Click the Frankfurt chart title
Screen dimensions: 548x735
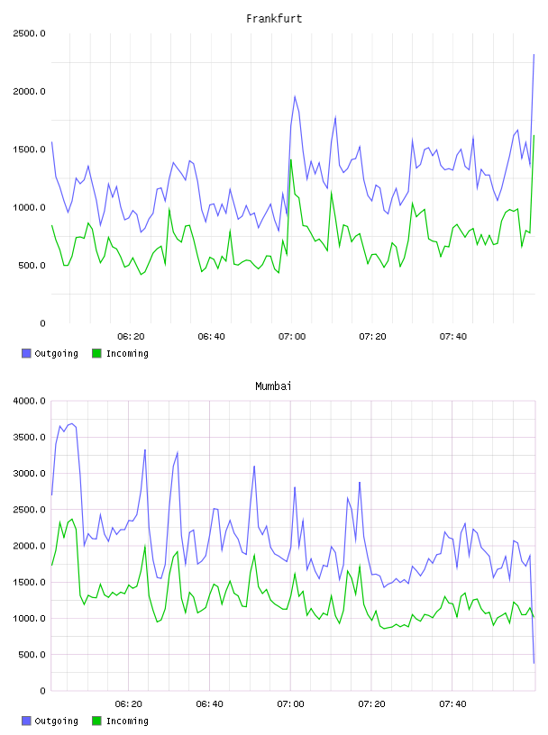[x=274, y=19]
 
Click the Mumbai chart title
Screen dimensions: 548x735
[x=273, y=386]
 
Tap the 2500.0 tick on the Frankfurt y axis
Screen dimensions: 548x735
[x=29, y=33]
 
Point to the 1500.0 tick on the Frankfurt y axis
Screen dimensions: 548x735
[x=29, y=150]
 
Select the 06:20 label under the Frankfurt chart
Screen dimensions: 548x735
[x=131, y=337]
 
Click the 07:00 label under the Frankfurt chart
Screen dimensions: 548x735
[x=292, y=337]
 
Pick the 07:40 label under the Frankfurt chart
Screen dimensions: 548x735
[x=453, y=337]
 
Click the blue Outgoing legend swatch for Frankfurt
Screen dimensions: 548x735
[x=26, y=353]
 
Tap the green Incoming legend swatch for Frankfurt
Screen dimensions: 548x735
[x=96, y=353]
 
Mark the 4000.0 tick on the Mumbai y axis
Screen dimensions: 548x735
[x=29, y=401]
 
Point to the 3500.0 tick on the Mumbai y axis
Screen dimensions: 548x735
[x=29, y=438]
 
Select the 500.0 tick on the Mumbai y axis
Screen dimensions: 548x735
[x=32, y=655]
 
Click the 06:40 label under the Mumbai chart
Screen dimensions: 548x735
[x=210, y=704]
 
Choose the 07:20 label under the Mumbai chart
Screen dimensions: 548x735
[x=371, y=704]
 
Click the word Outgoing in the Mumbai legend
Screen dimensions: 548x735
[x=56, y=721]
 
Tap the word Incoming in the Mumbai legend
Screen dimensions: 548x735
[x=127, y=721]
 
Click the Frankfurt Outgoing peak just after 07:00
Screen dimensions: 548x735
[x=295, y=96]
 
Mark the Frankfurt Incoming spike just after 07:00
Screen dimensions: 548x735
[x=291, y=159]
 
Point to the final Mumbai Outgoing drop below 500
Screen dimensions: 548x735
[x=534, y=663]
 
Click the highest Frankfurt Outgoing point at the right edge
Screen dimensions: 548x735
[x=534, y=54]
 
